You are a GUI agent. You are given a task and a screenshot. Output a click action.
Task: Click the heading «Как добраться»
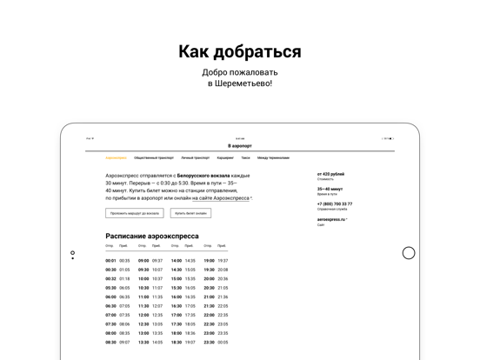tap(240, 51)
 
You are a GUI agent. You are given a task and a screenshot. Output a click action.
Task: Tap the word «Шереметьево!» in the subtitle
tap(248, 83)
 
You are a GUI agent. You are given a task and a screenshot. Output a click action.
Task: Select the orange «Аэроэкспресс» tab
tap(117, 158)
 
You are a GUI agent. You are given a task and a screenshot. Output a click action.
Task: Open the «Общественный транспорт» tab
tap(154, 158)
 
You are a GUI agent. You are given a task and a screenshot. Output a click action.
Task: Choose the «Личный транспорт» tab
tap(195, 158)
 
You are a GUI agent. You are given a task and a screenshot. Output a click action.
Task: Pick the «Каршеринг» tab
tap(225, 158)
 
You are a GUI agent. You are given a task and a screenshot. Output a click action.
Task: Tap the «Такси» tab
tap(245, 158)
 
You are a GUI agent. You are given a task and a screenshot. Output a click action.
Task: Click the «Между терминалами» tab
tap(273, 158)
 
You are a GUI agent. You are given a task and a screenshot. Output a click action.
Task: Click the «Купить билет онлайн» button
tap(190, 213)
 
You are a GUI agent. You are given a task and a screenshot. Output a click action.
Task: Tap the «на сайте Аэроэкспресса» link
tap(222, 198)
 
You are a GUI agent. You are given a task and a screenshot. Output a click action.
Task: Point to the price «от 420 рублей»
tap(330, 174)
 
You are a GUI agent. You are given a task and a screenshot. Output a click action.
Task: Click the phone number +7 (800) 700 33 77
tap(335, 204)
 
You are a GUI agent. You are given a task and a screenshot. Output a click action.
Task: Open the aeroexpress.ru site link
tap(331, 219)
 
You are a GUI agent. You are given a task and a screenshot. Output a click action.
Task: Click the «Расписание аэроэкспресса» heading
tap(152, 236)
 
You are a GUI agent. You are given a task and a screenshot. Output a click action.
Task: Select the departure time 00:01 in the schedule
tap(110, 261)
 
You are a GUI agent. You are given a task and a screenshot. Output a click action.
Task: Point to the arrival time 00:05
tap(223, 342)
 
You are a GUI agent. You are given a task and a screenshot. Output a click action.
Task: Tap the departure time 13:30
tap(143, 333)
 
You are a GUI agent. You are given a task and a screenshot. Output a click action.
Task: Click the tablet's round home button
tap(409, 253)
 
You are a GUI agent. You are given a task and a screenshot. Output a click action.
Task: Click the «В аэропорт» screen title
tap(240, 146)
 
